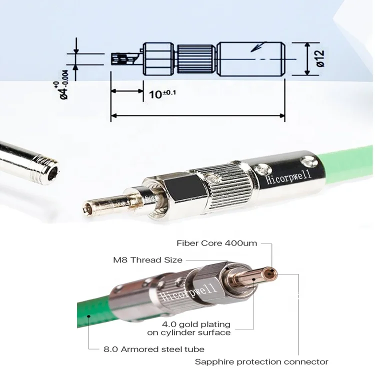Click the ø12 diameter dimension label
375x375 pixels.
(320, 58)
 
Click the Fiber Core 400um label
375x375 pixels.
(217, 243)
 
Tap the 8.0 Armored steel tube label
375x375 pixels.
(153, 349)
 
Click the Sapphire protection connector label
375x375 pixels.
(261, 361)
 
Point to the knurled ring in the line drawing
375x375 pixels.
(197, 59)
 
